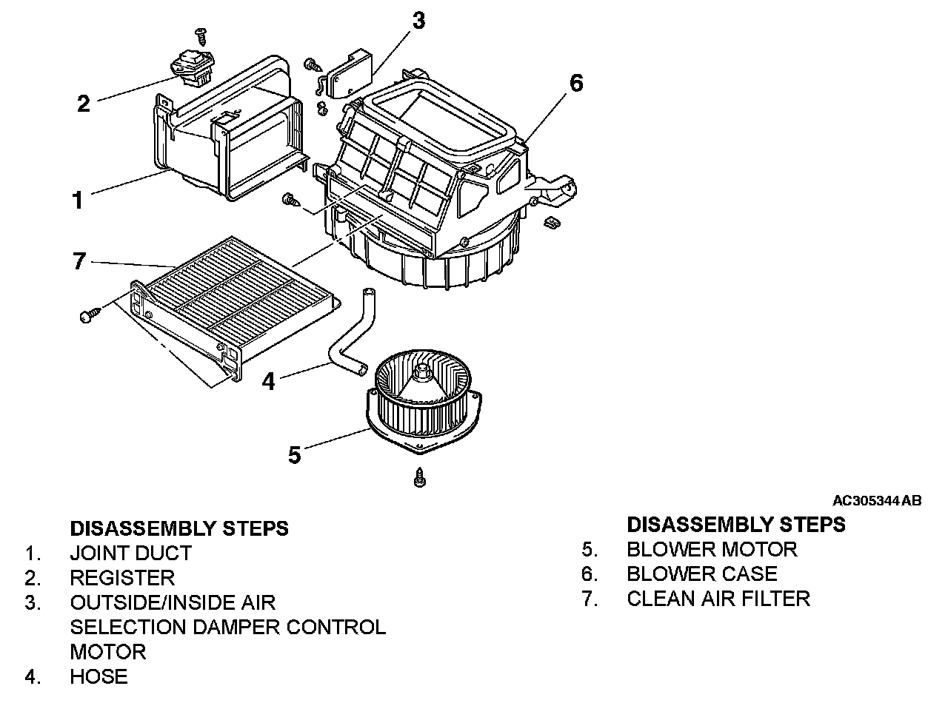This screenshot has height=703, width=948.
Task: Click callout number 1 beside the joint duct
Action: point(77,200)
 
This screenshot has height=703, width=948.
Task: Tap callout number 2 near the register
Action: point(84,103)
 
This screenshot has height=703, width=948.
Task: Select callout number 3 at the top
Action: point(418,20)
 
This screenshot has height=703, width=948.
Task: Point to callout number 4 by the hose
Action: point(268,382)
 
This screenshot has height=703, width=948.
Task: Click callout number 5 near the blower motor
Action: point(295,454)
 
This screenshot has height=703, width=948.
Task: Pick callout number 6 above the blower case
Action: point(575,83)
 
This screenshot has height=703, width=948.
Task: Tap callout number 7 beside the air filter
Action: point(79,261)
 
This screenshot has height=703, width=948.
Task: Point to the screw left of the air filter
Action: point(86,316)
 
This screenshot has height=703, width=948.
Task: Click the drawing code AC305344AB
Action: point(877,501)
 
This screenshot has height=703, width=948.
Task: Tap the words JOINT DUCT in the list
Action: point(130,554)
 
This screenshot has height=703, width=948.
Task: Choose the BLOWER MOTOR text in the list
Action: point(712,550)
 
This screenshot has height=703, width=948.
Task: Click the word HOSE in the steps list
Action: point(99,676)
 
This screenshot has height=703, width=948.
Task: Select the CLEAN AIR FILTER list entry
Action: point(718,599)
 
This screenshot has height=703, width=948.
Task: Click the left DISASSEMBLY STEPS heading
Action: point(179,528)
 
